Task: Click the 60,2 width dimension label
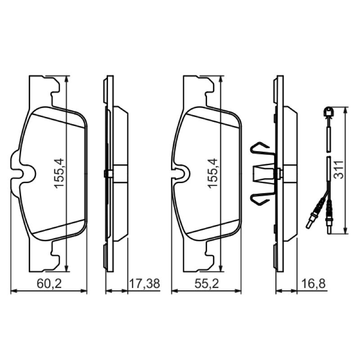click(49, 284)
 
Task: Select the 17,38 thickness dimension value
click(144, 284)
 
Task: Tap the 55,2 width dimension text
click(207, 284)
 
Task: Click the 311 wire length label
click(339, 170)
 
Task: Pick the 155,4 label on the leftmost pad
click(59, 174)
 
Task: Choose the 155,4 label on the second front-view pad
click(212, 174)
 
